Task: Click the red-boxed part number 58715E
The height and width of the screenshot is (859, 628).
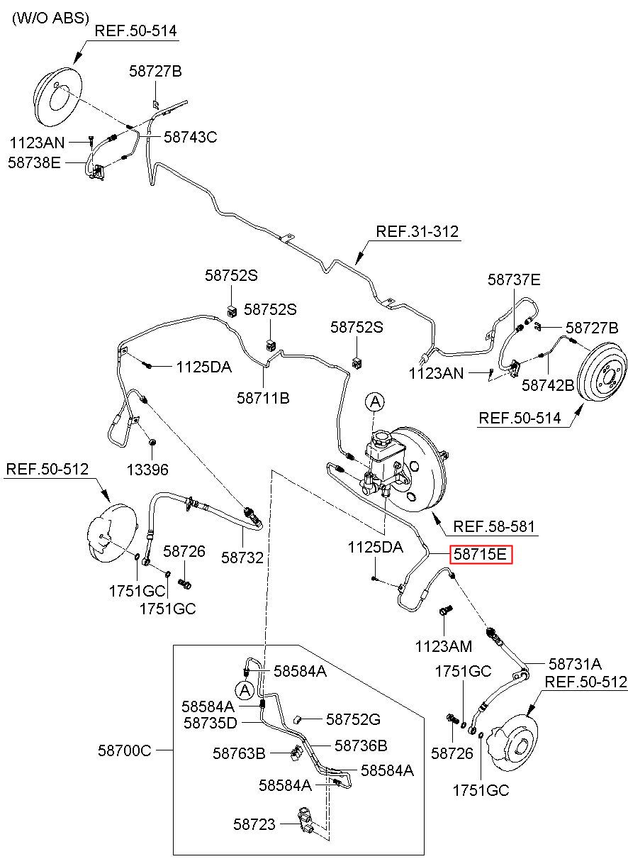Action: [x=481, y=555]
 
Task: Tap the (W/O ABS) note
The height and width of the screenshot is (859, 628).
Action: [x=50, y=18]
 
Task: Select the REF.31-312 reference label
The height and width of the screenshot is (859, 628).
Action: [x=417, y=231]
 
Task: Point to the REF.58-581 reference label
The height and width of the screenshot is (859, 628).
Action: [x=493, y=526]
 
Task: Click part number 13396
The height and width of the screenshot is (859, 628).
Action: [x=147, y=470]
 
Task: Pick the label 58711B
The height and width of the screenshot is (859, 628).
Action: [x=263, y=398]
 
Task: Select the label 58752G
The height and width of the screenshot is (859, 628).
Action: [x=353, y=719]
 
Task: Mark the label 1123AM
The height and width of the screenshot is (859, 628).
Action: [x=443, y=646]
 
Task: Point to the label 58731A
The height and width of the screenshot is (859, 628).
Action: [x=575, y=663]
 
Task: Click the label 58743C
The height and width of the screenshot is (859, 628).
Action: [x=191, y=137]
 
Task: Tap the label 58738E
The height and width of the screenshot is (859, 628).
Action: [x=34, y=162]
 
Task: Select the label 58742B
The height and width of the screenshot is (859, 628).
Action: [x=548, y=385]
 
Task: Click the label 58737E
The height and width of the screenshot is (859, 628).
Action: [x=514, y=279]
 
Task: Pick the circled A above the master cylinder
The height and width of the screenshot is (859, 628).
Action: [x=375, y=402]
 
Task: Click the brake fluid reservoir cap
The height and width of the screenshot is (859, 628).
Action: [x=381, y=438]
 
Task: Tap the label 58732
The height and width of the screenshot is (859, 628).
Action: [x=242, y=558]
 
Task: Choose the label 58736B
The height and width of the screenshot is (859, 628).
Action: [x=361, y=745]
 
